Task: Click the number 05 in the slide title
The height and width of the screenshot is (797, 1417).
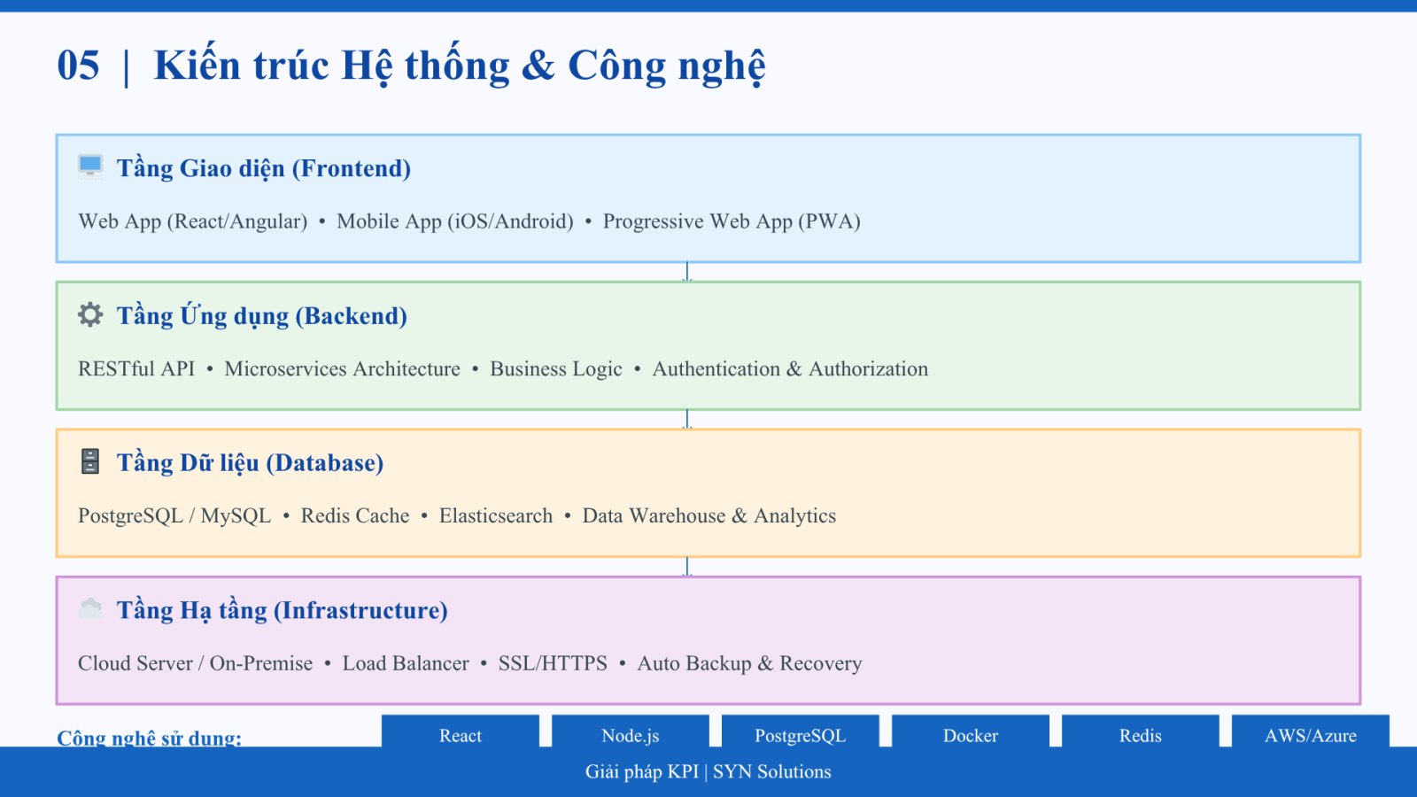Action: (79, 66)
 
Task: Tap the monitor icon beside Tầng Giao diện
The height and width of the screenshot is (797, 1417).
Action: (90, 167)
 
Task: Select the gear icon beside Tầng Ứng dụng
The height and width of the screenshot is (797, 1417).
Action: (90, 314)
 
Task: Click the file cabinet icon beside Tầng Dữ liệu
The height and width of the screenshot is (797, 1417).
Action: (90, 461)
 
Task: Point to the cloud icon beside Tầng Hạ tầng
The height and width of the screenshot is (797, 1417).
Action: (90, 608)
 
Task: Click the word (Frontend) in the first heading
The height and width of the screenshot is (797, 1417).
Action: (351, 169)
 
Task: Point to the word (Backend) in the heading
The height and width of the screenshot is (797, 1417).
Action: (351, 316)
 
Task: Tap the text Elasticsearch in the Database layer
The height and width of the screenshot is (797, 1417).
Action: (496, 515)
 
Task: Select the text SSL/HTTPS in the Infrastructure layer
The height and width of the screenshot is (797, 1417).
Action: (553, 663)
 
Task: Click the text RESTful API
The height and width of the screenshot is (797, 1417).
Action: (136, 368)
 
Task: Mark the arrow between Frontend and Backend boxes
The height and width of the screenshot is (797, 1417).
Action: (687, 272)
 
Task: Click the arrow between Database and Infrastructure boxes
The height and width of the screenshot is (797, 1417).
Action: (687, 567)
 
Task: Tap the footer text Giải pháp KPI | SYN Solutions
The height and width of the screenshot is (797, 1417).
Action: (708, 771)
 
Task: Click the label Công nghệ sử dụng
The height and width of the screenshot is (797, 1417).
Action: (150, 738)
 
